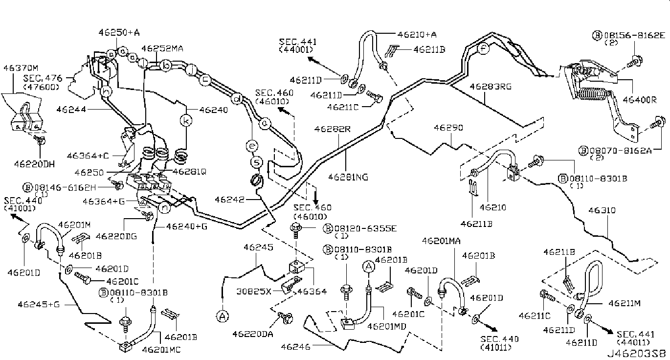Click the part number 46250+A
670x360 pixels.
click(120, 33)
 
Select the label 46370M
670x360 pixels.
click(21, 67)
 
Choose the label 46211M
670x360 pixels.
click(625, 303)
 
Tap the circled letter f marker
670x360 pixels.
click(483, 49)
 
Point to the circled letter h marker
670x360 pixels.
click(105, 90)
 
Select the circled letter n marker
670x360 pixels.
click(165, 208)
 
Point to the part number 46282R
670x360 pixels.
click(333, 129)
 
